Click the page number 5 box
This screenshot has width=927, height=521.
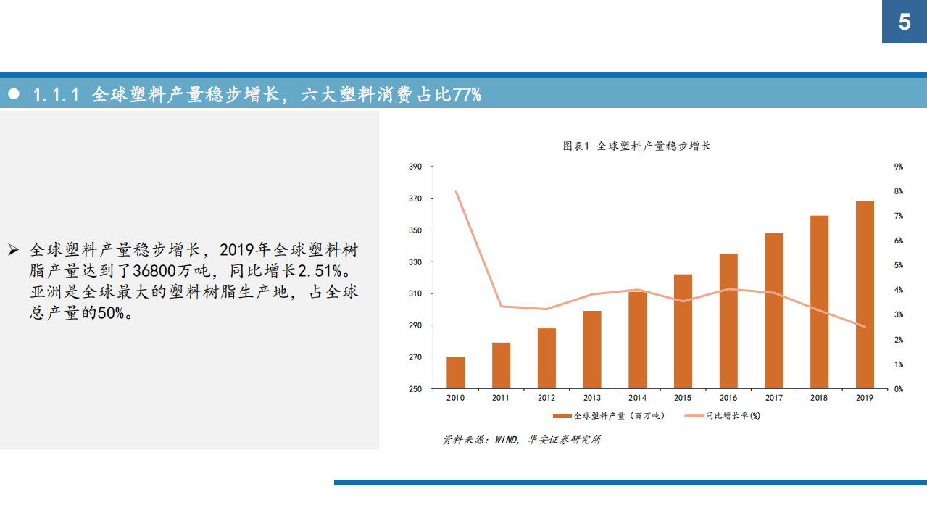coord(904,22)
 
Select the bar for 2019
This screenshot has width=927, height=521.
coord(865,295)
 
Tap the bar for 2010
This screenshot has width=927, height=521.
coord(456,372)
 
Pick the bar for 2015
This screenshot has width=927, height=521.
coord(683,331)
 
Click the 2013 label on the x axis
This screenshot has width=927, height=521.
coord(591,398)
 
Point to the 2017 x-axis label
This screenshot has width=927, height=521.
coord(773,398)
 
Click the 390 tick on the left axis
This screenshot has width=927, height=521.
coord(415,167)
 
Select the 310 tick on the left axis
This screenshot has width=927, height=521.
coord(415,293)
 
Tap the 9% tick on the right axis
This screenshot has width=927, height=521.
coord(898,167)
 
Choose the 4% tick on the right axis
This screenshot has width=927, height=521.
coord(898,290)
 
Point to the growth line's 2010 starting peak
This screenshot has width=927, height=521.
coord(456,191)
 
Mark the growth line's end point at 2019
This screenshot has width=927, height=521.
coord(865,326)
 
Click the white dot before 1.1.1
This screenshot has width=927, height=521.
coord(13,95)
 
